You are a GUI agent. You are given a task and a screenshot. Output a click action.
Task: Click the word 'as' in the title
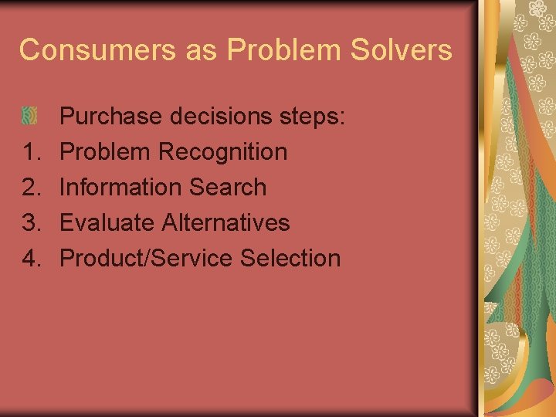click(x=202, y=50)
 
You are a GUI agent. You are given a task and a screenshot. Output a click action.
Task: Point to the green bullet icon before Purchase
click(x=29, y=116)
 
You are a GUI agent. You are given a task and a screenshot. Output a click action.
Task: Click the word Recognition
click(x=223, y=152)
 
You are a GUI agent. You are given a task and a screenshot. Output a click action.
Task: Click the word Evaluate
click(x=107, y=223)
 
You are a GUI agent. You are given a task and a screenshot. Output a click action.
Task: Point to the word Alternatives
click(x=225, y=223)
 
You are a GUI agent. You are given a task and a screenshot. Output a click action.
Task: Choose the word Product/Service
click(x=147, y=259)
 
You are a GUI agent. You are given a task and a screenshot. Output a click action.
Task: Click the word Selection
click(x=290, y=259)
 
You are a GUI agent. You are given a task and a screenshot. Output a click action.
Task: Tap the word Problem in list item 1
click(x=106, y=152)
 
